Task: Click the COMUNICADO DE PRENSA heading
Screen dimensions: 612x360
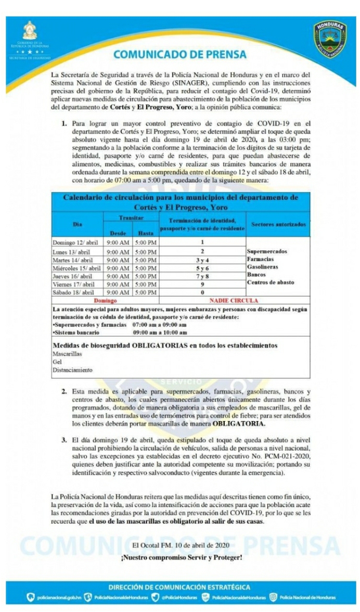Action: pyautogui.click(x=180, y=54)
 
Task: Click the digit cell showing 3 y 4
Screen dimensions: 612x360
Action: pyautogui.click(x=201, y=259)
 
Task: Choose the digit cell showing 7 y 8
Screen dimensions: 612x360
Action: pyautogui.click(x=201, y=276)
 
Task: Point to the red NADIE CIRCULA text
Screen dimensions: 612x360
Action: pyautogui.click(x=234, y=301)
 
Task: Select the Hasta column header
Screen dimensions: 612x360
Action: pyautogui.click(x=145, y=233)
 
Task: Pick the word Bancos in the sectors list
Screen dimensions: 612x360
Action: pyautogui.click(x=258, y=275)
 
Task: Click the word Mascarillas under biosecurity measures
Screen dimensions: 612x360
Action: pyautogui.click(x=65, y=354)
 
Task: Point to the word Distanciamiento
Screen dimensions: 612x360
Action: pyautogui.click(x=72, y=370)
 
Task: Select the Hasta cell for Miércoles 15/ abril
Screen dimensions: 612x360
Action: pyautogui.click(x=145, y=267)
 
